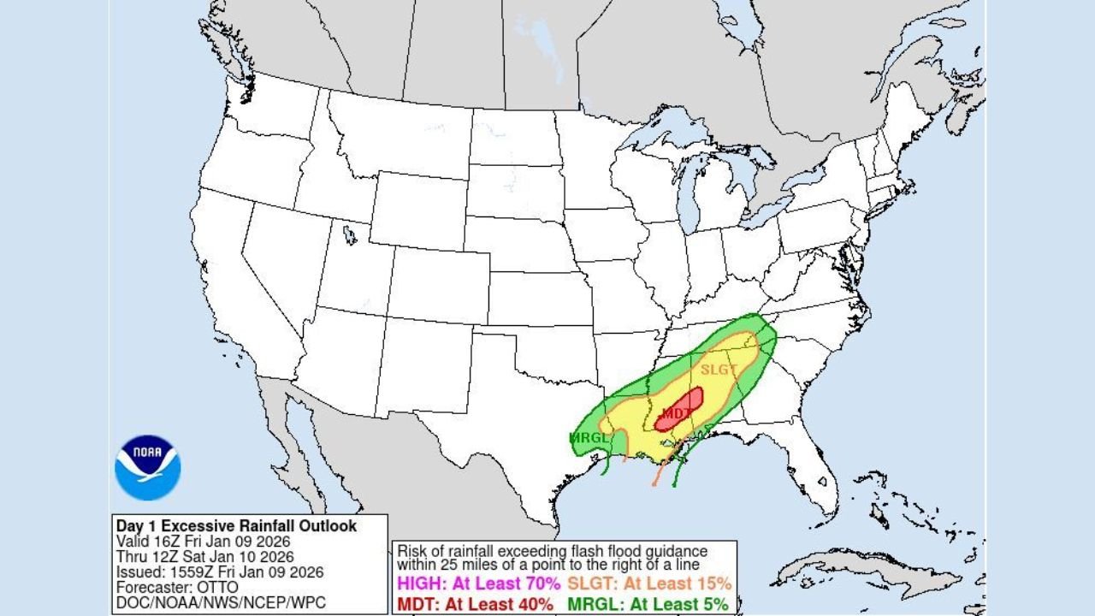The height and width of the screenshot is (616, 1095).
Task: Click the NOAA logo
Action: click(147, 467)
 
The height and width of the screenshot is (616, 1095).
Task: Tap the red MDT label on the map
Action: click(676, 414)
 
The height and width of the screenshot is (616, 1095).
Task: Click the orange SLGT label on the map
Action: click(718, 370)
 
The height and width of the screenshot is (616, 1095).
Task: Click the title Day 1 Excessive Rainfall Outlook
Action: click(236, 526)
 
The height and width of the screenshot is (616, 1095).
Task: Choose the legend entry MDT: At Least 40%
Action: click(476, 604)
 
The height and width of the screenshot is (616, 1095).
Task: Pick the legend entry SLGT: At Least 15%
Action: click(649, 584)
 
